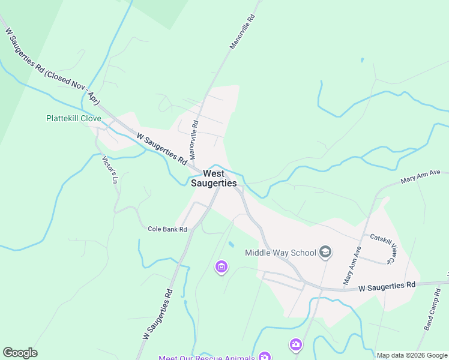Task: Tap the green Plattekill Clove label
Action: [x=74, y=118]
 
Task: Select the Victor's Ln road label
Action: [x=109, y=169]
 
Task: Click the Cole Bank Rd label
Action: [x=167, y=229]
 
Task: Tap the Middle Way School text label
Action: [x=280, y=253]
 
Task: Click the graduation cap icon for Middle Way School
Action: [x=325, y=252]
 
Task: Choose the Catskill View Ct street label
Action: [x=382, y=248]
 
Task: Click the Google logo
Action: [x=20, y=353]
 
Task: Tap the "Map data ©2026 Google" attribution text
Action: [x=412, y=355]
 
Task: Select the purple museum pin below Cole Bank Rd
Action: [x=221, y=266]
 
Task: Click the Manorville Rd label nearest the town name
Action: [x=193, y=140]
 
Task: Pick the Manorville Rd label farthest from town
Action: [x=243, y=32]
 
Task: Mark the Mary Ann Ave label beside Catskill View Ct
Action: [x=352, y=265]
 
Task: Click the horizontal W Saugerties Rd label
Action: [x=387, y=286]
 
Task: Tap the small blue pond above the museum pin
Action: [x=231, y=245]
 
